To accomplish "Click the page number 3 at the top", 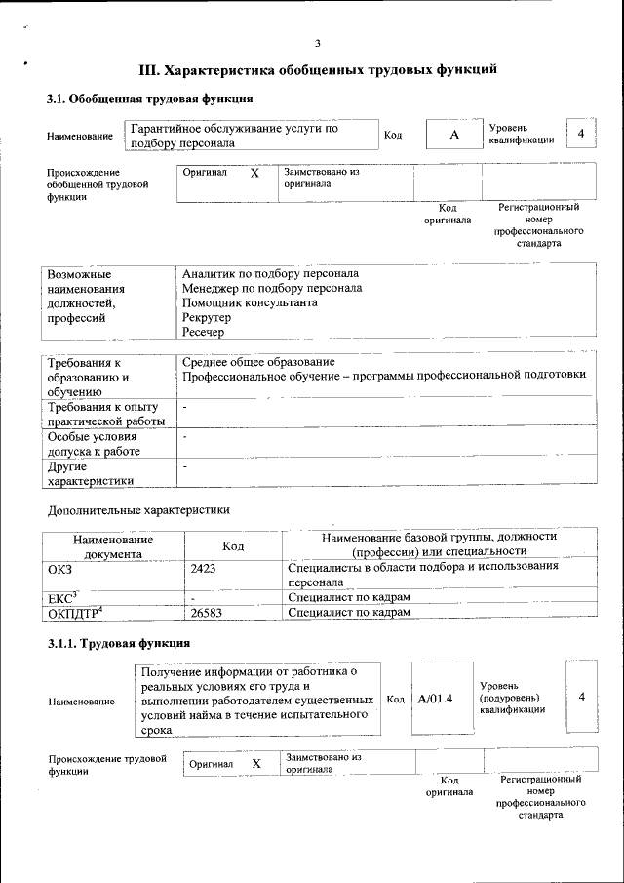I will tap(318, 43).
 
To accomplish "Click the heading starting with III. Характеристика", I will tap(320, 70).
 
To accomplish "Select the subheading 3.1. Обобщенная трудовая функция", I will tap(151, 99).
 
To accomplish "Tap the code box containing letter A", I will tap(453, 135).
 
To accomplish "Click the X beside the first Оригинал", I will tap(254, 173).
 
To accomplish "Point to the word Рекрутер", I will tap(207, 318).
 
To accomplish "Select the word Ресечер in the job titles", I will tap(203, 333).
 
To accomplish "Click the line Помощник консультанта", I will tap(250, 302).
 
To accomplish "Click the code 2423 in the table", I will tap(204, 567).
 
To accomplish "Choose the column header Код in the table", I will tap(233, 545).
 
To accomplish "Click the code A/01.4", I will tap(435, 699).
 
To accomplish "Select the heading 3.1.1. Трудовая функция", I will tap(119, 643).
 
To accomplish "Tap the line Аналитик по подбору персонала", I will tap(270, 273).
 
